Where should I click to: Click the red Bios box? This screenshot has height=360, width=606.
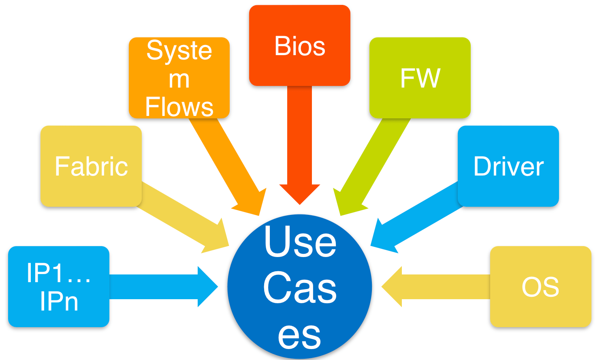click(299, 45)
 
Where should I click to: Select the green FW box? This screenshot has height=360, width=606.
click(420, 78)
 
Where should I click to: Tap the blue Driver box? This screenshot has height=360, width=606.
click(508, 166)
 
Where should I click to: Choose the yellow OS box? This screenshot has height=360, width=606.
click(540, 287)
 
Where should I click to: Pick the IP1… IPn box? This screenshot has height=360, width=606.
click(59, 287)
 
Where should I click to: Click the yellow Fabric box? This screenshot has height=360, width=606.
click(91, 166)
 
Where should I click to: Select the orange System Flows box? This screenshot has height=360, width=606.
click(179, 78)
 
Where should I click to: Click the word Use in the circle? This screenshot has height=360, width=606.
click(300, 242)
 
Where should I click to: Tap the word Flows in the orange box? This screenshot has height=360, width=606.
click(179, 107)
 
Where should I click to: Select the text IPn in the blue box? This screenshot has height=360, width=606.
click(59, 302)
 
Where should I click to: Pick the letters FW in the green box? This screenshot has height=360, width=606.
click(420, 78)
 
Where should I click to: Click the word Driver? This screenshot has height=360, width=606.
click(508, 166)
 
